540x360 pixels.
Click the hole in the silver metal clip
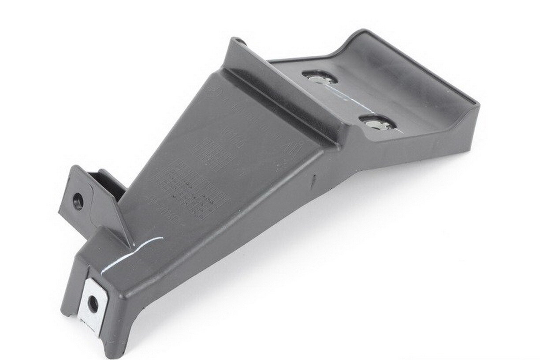click(x=93, y=304)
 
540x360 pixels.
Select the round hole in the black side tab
click(x=78, y=201)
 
